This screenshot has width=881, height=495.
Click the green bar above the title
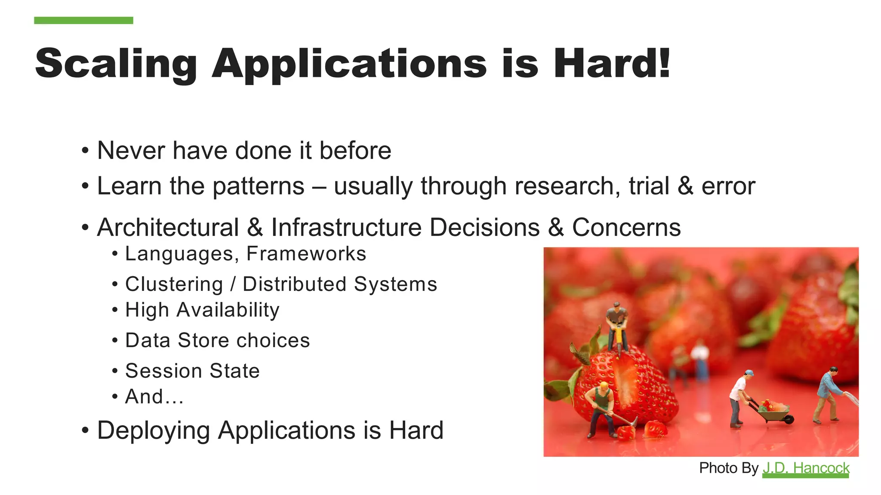tap(83, 20)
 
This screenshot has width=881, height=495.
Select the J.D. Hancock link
tap(806, 468)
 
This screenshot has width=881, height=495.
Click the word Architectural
tap(168, 227)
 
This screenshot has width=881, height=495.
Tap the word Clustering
tap(174, 284)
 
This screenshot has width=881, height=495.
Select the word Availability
tap(228, 310)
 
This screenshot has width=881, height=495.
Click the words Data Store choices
tap(217, 340)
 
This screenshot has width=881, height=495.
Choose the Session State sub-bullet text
tap(192, 371)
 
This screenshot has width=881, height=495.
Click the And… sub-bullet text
tap(154, 397)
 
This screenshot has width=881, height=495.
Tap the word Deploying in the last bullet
tap(153, 431)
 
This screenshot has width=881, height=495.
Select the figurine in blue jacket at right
tap(828, 393)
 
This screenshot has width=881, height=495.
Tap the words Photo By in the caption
tap(728, 468)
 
